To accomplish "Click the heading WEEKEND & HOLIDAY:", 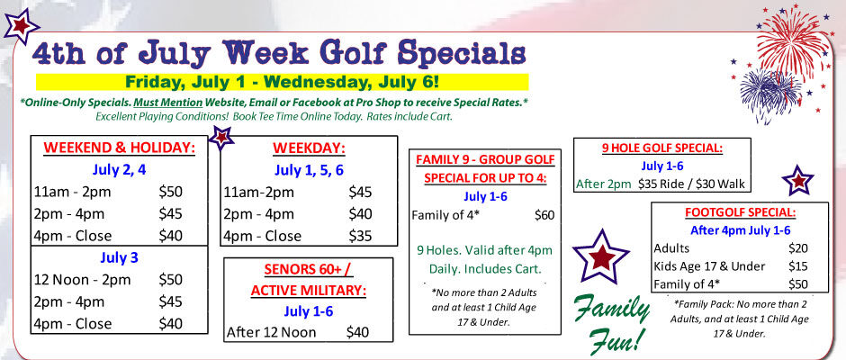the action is click(119, 148).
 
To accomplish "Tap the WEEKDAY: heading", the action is click(309, 148).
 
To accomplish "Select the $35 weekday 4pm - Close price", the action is click(360, 236).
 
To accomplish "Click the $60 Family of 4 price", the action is click(544, 215).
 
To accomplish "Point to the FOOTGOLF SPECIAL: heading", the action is click(739, 212).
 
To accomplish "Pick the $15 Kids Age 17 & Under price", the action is click(798, 266).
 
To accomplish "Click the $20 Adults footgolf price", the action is click(798, 248).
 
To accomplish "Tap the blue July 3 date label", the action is click(119, 258).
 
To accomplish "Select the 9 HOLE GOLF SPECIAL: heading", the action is click(662, 148).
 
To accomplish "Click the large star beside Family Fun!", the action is click(600, 256).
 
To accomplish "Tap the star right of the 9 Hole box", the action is click(797, 180).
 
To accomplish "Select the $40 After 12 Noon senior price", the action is click(357, 332).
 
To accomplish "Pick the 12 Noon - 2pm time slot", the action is click(82, 280).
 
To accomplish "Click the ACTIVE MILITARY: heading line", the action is click(308, 291).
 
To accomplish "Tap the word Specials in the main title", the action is click(462, 53).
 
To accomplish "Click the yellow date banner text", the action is click(282, 82).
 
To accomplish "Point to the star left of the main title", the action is click(22, 26).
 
